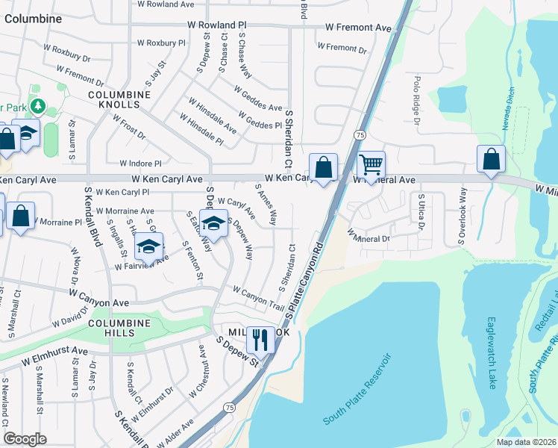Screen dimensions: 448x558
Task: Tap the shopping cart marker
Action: click(370, 164)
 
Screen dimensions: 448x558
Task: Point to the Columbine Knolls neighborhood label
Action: click(119, 100)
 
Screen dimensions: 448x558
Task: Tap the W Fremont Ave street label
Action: click(358, 28)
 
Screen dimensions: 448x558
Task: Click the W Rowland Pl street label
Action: click(216, 25)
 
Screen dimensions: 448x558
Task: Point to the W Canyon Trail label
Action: click(258, 298)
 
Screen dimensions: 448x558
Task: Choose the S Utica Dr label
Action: click(421, 222)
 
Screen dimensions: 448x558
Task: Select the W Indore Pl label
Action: click(140, 163)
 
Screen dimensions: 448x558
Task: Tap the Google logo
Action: click(25, 439)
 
